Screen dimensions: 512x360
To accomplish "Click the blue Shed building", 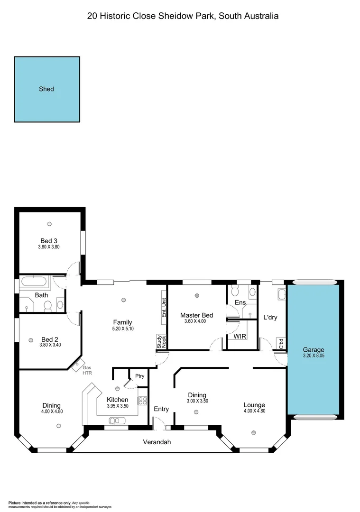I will pos(46,89).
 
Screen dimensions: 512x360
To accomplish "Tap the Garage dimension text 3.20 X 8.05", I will pos(314,356).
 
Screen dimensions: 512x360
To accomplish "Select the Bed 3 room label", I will pos(49,241).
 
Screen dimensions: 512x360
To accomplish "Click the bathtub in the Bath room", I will pos(35,283).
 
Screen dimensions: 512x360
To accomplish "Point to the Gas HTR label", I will pos(87,370).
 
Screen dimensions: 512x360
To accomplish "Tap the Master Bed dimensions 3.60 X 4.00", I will pos(196,321).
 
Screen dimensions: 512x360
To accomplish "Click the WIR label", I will pos(240,336).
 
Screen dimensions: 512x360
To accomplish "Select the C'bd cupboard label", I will pos(281,344).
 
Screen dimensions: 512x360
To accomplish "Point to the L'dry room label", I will pos(270,317).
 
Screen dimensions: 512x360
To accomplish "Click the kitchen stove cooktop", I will pos(142,401).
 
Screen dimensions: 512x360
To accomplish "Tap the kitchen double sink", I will pos(117,421).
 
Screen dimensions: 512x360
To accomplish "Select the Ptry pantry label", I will pos(139,375).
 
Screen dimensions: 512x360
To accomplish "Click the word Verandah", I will pos(157,442).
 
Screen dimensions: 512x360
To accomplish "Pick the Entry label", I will pos(161,409).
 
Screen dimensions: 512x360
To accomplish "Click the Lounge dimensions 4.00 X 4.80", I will pos(254,411).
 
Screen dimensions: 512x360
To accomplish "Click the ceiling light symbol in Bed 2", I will pos(31,339).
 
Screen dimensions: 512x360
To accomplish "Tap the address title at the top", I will pos(183,16).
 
